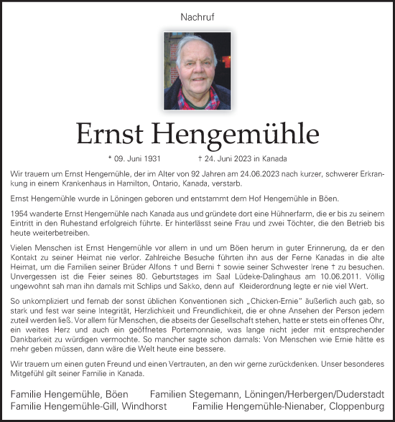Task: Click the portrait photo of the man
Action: (x=197, y=70)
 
